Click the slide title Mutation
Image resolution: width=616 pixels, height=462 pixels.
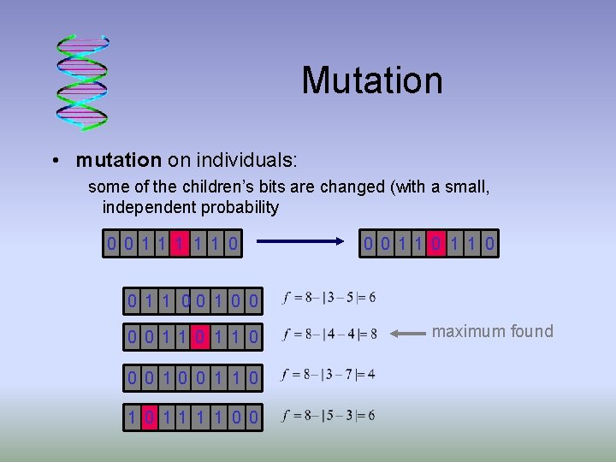click(371, 80)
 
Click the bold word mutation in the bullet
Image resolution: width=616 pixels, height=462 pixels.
click(118, 160)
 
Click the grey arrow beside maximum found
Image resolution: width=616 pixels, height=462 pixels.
click(408, 332)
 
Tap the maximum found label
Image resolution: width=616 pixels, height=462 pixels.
click(492, 331)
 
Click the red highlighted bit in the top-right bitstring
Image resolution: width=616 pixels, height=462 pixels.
click(437, 246)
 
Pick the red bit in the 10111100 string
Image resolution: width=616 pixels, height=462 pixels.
click(150, 417)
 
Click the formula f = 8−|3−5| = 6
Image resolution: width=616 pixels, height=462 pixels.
click(329, 298)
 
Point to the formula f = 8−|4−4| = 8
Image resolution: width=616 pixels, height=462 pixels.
click(329, 335)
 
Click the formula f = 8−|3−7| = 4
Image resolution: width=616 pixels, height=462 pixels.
click(329, 374)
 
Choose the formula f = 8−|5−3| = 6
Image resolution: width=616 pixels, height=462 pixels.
click(329, 416)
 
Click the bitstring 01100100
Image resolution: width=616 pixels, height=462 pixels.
click(192, 299)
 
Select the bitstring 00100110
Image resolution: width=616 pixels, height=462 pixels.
click(192, 376)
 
